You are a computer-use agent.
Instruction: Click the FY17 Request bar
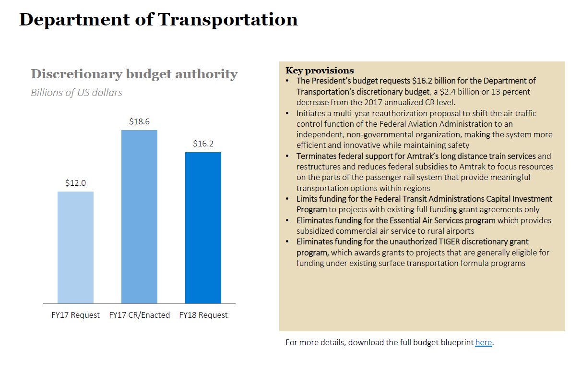[75, 247]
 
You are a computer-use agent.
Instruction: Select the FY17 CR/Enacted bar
[139, 217]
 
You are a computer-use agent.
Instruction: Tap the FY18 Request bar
[203, 228]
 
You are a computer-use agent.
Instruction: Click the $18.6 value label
[139, 122]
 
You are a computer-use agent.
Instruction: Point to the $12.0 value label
[75, 183]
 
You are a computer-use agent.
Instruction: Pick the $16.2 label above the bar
[203, 144]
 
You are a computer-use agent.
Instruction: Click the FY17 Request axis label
[75, 315]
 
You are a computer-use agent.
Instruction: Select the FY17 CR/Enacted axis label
[139, 315]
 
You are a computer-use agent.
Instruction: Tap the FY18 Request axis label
[203, 315]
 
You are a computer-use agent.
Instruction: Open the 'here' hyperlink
[483, 343]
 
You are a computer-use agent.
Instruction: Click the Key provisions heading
[320, 71]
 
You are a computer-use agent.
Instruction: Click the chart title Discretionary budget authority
[134, 74]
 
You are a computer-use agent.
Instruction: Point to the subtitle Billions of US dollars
[76, 93]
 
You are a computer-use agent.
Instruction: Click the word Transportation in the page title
[228, 20]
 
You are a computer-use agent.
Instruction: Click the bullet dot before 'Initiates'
[287, 114]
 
